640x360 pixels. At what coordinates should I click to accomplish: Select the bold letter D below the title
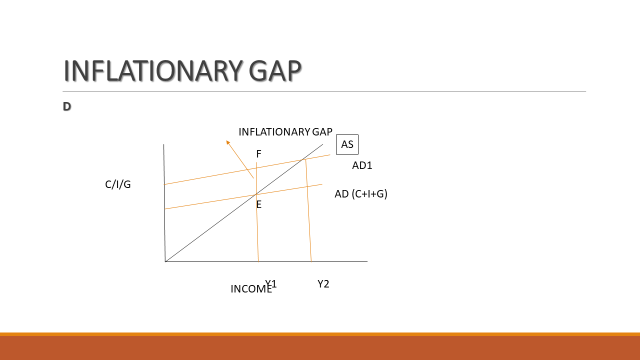tap(66, 107)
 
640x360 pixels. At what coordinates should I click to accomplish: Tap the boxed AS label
tap(347, 145)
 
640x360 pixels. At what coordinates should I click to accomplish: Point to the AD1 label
tap(361, 165)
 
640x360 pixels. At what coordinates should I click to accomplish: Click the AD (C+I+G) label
tap(360, 194)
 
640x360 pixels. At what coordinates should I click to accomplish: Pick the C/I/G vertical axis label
tap(118, 185)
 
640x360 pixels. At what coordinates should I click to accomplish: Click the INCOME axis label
tap(250, 289)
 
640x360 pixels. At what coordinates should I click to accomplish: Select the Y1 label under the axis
tap(271, 284)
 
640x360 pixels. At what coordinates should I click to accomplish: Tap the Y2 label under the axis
tap(323, 284)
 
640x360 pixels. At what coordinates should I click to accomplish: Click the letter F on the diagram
tap(259, 154)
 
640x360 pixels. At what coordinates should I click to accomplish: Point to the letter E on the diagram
tap(258, 204)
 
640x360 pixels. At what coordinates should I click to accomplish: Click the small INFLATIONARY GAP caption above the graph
tap(285, 132)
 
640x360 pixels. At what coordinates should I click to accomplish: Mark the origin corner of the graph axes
tap(165, 262)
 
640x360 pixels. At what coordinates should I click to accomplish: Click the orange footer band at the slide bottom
tap(320, 347)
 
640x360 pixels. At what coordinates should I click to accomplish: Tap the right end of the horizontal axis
tap(367, 262)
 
